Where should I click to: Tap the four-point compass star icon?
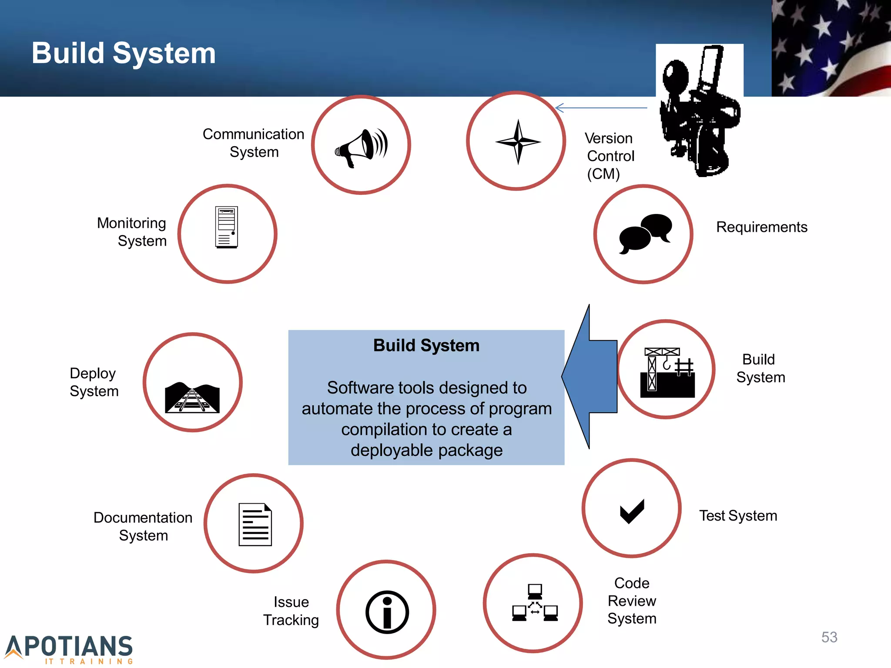[518, 142]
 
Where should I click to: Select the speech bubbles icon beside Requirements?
[645, 234]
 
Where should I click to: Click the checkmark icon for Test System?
[632, 511]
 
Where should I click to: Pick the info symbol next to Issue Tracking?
[387, 611]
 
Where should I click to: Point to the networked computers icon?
[535, 603]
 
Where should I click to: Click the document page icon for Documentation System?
[255, 524]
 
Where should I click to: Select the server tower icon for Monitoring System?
[227, 227]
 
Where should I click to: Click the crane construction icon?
[667, 372]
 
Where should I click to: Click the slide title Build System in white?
[124, 53]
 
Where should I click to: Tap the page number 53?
[829, 637]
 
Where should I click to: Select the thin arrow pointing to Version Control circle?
[601, 107]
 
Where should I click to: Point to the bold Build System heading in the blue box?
[426, 346]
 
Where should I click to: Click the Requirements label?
[761, 227]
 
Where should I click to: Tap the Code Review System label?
[632, 601]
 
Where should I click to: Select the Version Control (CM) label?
[609, 156]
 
